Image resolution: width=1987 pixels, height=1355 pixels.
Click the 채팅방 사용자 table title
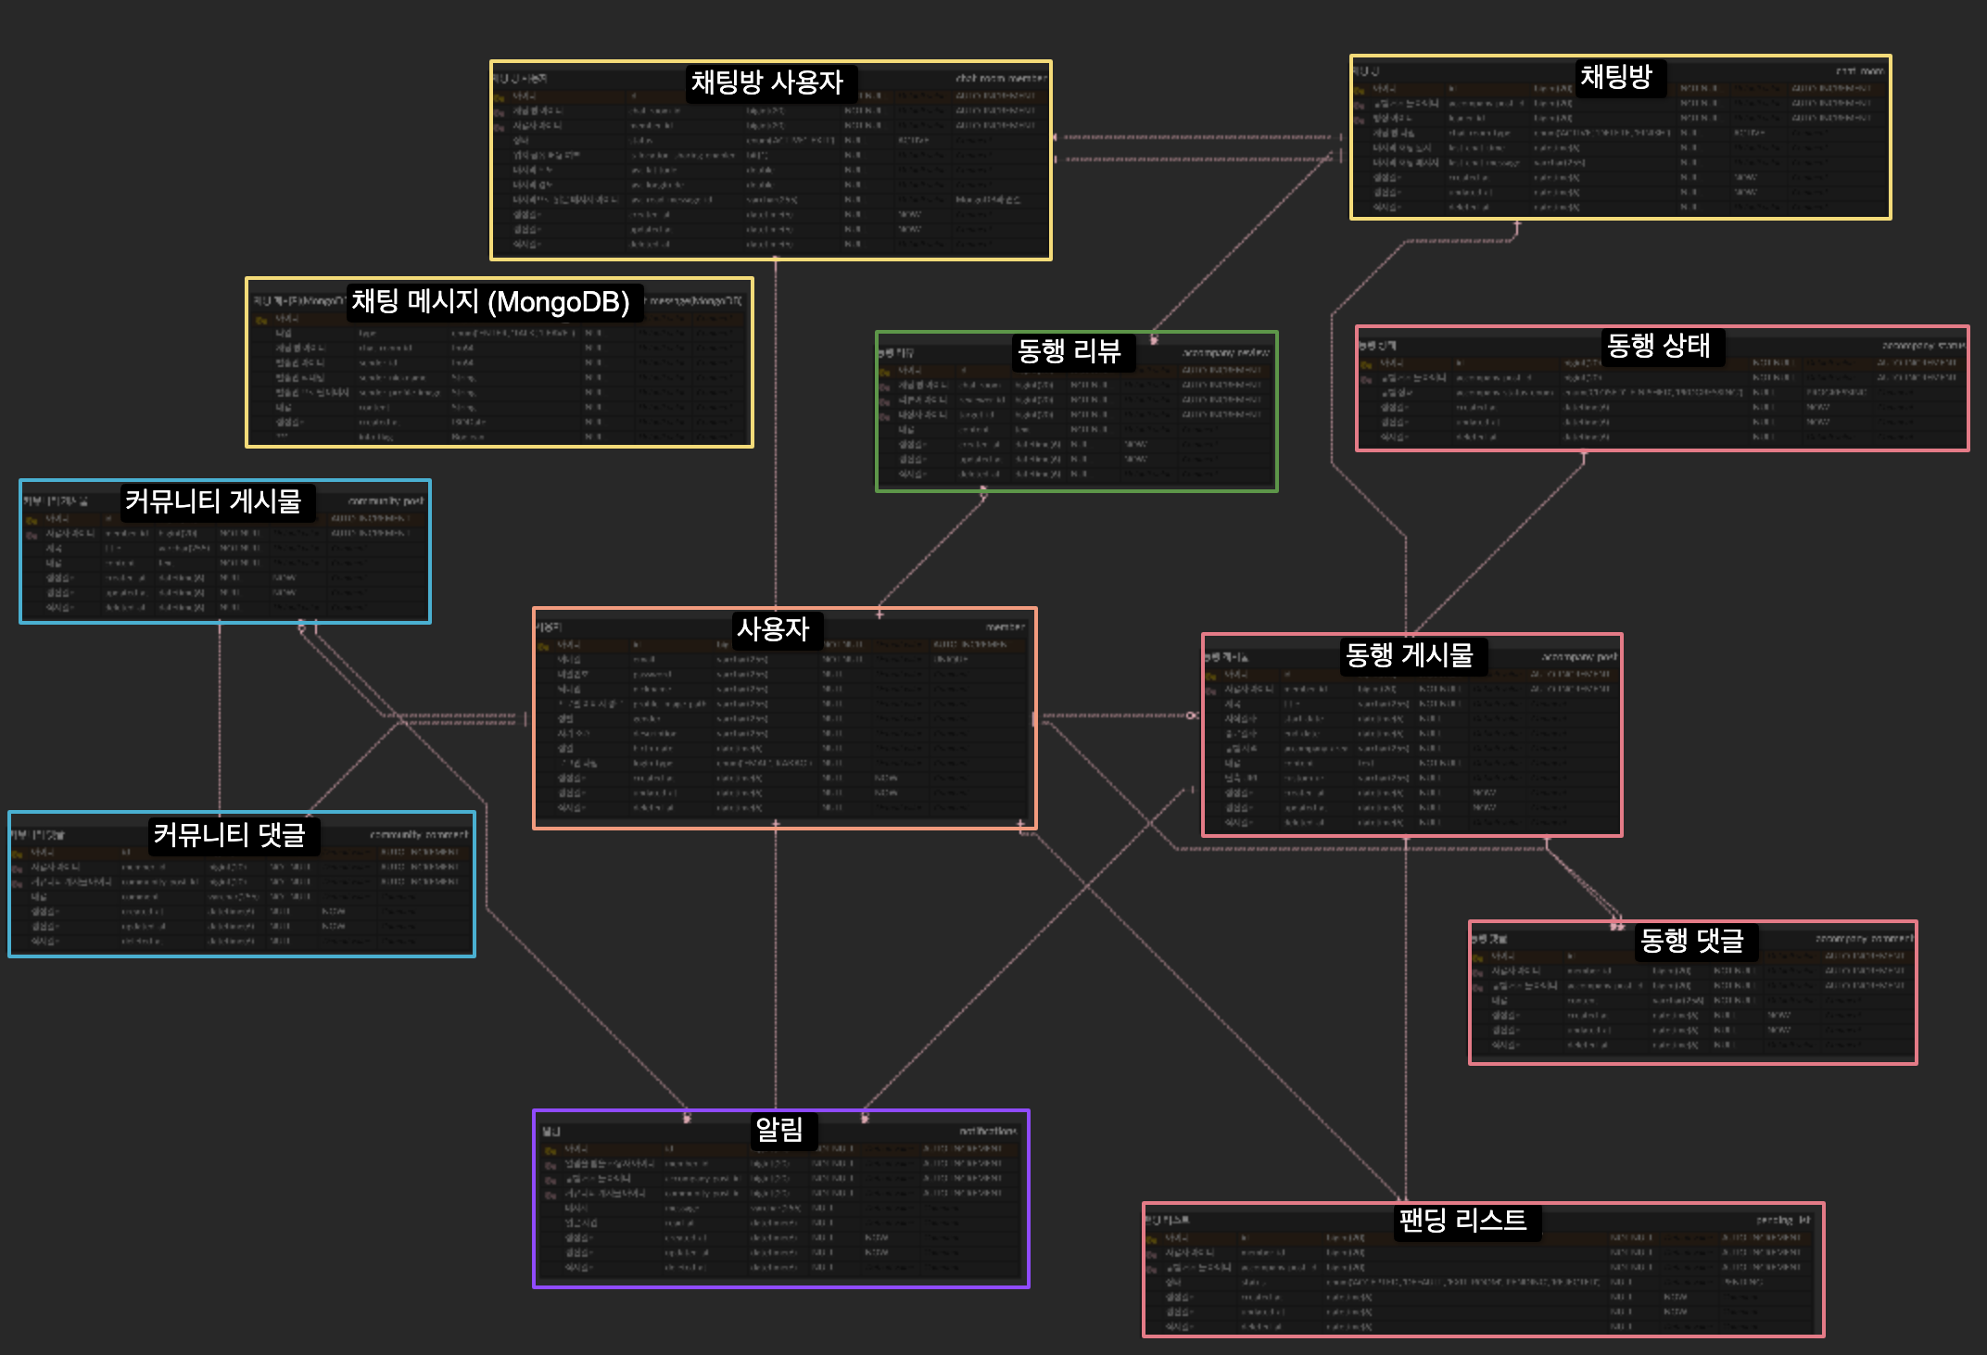tap(766, 82)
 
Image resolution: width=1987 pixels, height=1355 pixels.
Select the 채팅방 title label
tap(1615, 76)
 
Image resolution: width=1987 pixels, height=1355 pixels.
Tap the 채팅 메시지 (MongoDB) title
tap(490, 301)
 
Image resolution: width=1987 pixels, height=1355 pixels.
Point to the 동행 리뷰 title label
tap(1069, 350)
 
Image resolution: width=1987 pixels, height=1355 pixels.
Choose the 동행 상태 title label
tap(1658, 346)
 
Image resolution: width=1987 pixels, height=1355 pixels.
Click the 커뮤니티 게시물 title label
tap(213, 501)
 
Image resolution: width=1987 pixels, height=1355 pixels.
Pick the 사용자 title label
tap(772, 629)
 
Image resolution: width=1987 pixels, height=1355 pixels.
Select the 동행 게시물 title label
tap(1409, 655)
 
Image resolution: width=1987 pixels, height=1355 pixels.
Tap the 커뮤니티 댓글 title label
tap(229, 835)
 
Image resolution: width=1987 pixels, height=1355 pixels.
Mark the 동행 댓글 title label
tap(1691, 941)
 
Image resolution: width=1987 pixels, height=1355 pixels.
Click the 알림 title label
tap(779, 1129)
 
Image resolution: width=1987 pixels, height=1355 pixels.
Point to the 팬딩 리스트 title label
tap(1462, 1220)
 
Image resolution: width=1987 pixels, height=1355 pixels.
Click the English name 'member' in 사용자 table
tap(1005, 627)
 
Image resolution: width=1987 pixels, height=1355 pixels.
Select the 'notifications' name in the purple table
tap(987, 1131)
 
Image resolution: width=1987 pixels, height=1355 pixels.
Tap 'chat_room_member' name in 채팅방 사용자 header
tap(1000, 79)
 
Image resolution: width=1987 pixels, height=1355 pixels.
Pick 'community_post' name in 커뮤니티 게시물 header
tap(386, 501)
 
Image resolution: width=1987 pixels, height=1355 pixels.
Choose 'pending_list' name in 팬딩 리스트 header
tap(1782, 1221)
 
